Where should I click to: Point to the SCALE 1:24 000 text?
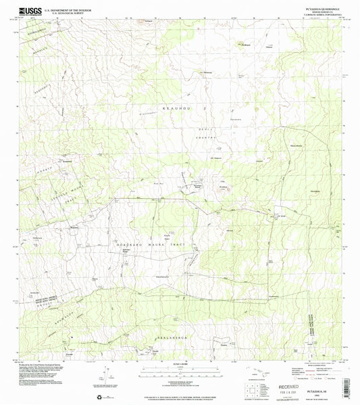click(178, 366)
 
